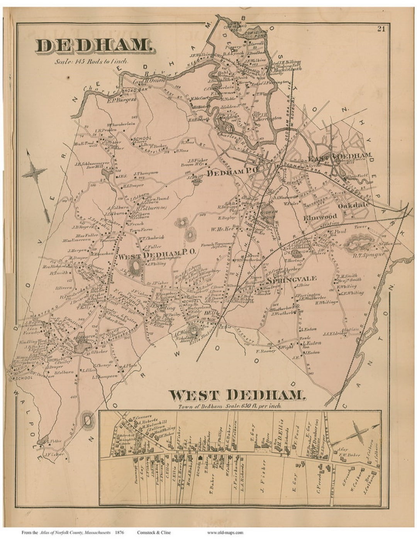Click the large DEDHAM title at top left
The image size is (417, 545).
(95, 46)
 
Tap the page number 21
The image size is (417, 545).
(381, 28)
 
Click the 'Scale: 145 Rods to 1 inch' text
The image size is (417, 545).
(91, 61)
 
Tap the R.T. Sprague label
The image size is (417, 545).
(359, 256)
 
